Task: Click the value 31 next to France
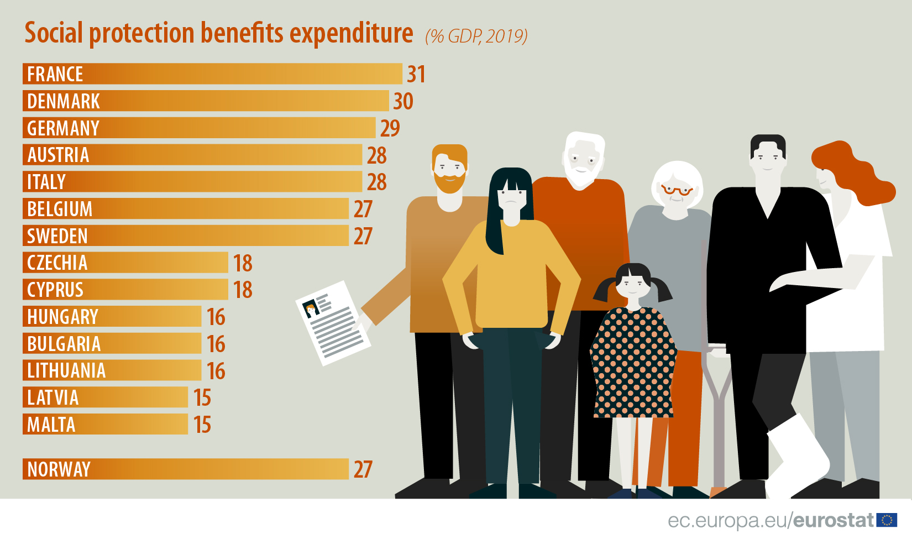pyautogui.click(x=416, y=74)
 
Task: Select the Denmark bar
pyautogui.click(x=206, y=101)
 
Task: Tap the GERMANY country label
pyautogui.click(x=64, y=128)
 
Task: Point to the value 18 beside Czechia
pyautogui.click(x=243, y=263)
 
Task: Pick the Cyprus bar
pyautogui.click(x=125, y=290)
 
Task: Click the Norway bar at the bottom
pyautogui.click(x=186, y=469)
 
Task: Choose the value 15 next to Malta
pyautogui.click(x=202, y=425)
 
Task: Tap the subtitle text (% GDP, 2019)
pyautogui.click(x=476, y=36)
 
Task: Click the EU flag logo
pyautogui.click(x=887, y=520)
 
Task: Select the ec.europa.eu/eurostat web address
pyautogui.click(x=771, y=520)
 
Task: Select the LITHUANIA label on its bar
pyautogui.click(x=66, y=370)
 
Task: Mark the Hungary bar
pyautogui.click(x=112, y=317)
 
